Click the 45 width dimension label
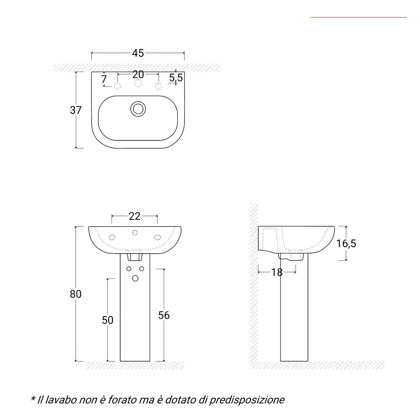pos(138,53)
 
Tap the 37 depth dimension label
pos(76,110)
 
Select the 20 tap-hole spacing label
pos(138,74)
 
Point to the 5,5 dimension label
pos(176,78)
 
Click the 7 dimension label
pos(104,79)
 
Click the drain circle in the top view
pos(138,109)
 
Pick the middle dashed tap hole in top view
pos(138,83)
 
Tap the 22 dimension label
pos(135,216)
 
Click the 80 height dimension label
pos(76,294)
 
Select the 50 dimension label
pos(108,320)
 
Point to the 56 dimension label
pos(164,315)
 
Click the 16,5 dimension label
pos(346,244)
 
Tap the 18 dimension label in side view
pos(277,272)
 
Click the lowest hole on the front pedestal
pos(135,278)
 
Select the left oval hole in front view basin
pos(113,237)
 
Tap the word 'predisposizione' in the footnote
pos(247,400)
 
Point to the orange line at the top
pos(358,17)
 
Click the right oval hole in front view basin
pos(158,237)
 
